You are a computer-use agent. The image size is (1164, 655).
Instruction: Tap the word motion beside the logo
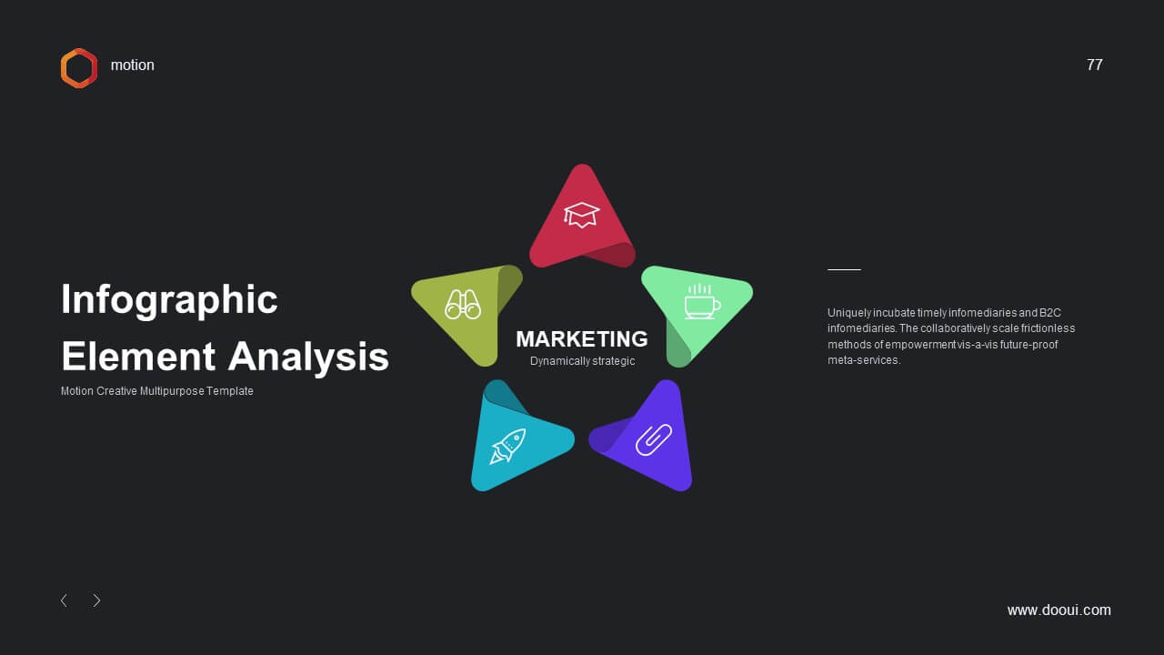click(133, 65)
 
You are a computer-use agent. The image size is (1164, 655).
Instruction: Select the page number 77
click(1094, 65)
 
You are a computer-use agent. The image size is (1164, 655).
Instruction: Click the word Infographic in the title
click(169, 300)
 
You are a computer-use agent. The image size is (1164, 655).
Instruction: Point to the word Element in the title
click(138, 357)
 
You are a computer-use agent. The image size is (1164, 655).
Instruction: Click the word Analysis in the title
click(308, 358)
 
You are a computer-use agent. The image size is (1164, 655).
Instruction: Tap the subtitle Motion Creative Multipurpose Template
click(157, 391)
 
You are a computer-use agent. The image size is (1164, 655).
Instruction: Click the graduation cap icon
click(581, 215)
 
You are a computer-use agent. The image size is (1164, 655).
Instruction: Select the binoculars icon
click(463, 305)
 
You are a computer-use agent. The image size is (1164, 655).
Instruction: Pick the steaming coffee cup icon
click(702, 301)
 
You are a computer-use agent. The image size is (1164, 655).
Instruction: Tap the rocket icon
click(507, 446)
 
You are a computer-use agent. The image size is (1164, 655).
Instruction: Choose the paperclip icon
click(654, 439)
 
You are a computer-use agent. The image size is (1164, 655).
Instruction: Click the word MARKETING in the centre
click(582, 339)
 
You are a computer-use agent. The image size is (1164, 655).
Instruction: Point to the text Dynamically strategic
click(583, 361)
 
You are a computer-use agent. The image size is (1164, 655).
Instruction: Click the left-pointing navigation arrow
click(64, 601)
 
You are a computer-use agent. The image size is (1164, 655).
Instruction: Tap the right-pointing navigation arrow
click(96, 601)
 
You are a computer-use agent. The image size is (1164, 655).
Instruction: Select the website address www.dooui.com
click(1059, 610)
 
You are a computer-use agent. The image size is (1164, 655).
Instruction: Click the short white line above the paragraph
click(845, 270)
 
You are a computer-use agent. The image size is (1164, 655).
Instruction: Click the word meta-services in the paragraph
click(864, 360)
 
